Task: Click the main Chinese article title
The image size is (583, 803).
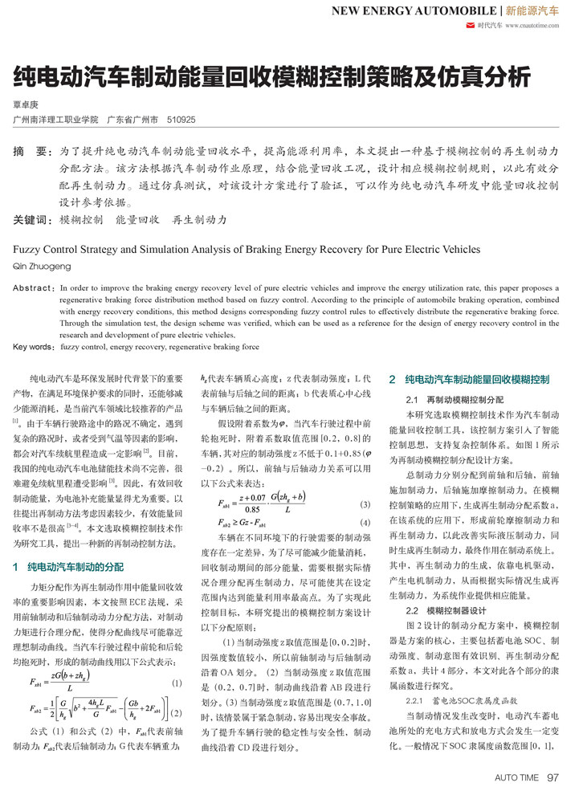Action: tap(272, 77)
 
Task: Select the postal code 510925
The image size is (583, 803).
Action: tap(181, 119)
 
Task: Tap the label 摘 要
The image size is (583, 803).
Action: tap(33, 151)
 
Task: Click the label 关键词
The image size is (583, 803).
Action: tap(33, 219)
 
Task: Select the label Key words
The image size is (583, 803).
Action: tap(34, 348)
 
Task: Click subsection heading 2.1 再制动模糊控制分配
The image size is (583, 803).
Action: tap(455, 399)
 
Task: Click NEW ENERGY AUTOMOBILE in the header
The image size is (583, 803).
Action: tap(414, 10)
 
